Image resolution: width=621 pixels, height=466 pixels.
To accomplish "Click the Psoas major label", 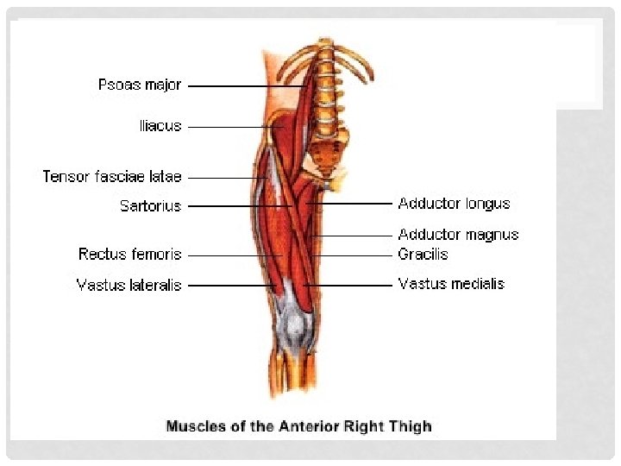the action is pyautogui.click(x=140, y=85).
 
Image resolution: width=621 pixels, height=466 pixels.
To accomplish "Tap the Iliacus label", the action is pyautogui.click(x=160, y=126).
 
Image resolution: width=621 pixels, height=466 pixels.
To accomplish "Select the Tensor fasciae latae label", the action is pyautogui.click(x=112, y=177).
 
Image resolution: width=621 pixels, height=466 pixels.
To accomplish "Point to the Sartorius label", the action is pyautogui.click(x=150, y=206).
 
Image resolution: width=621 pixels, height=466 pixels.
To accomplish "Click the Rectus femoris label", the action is pyautogui.click(x=129, y=255).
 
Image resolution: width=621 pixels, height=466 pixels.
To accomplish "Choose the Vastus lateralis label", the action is pyautogui.click(x=129, y=285).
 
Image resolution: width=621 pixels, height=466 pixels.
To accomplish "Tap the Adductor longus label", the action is pyautogui.click(x=454, y=204).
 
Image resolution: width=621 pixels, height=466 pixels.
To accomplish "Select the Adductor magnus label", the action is pyautogui.click(x=458, y=235).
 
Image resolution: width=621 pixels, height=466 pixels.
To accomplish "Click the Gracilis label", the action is pyautogui.click(x=423, y=255).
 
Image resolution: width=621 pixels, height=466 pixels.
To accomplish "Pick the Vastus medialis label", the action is pyautogui.click(x=451, y=284).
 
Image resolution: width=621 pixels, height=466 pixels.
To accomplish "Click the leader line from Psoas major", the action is pyautogui.click(x=246, y=86).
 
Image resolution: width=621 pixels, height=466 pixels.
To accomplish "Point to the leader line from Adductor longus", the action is pyautogui.click(x=354, y=204).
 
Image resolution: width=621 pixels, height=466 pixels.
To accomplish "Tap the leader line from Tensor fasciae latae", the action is pyautogui.click(x=224, y=178).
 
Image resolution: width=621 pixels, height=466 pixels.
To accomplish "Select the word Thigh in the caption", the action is pyautogui.click(x=411, y=426).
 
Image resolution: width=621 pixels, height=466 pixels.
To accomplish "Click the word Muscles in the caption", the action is pyautogui.click(x=195, y=426).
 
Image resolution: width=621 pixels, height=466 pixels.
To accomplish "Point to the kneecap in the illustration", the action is pyautogui.click(x=296, y=324).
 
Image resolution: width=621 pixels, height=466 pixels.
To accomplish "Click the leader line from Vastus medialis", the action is pyautogui.click(x=349, y=285).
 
